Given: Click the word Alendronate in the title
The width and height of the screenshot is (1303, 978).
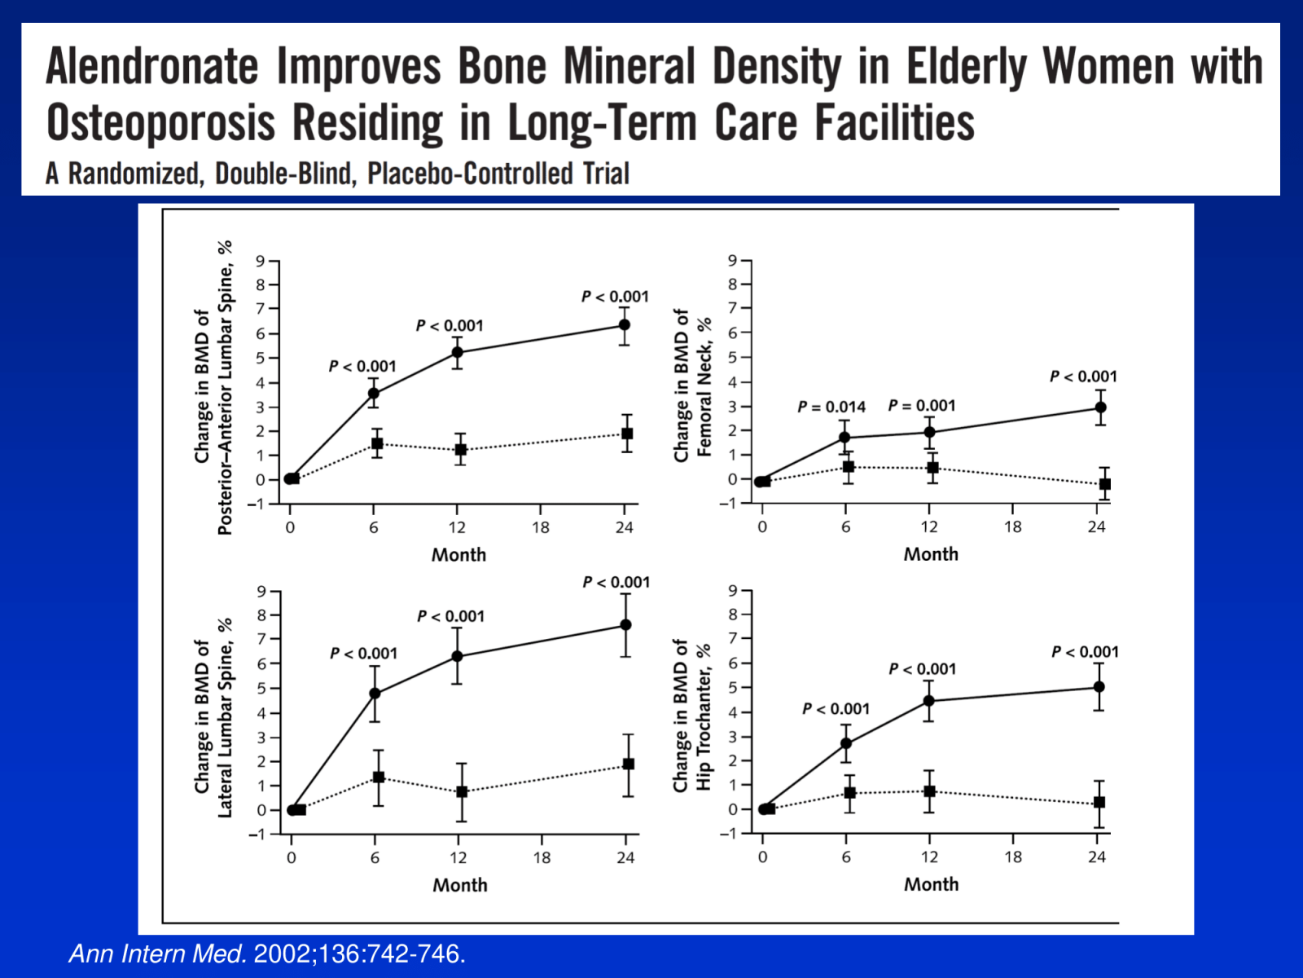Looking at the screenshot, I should (152, 66).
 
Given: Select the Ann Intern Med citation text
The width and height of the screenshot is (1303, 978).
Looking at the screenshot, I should (267, 953).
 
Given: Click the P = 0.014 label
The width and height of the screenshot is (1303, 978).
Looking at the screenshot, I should (831, 407).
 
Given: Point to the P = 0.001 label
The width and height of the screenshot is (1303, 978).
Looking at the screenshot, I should (921, 405).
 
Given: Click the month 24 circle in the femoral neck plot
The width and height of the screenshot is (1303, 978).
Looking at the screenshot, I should (1100, 407).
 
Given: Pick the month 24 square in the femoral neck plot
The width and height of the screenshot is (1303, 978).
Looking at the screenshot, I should (1105, 484).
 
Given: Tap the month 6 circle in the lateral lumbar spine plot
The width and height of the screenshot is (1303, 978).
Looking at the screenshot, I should (375, 694).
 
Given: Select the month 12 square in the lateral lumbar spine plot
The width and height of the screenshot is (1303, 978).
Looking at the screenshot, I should (462, 791).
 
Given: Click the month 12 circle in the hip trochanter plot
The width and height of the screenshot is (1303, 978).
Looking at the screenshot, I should (929, 701).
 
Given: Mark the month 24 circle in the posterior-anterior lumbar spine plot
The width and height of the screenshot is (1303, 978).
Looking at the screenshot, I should (625, 325).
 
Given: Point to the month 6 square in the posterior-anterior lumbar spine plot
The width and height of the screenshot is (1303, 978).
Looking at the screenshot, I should (377, 443).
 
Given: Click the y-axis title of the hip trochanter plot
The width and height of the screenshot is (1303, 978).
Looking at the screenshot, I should (692, 716).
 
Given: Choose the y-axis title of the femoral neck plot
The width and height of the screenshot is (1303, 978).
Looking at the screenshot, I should (693, 385).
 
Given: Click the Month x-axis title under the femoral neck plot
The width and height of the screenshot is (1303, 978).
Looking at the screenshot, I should (931, 554).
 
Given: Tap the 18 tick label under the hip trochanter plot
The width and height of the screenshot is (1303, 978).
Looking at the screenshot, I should (1013, 857).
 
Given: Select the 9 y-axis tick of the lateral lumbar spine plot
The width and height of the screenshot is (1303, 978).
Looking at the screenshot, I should (261, 592).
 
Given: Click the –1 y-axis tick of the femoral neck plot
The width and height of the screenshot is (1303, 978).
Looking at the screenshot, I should (728, 504).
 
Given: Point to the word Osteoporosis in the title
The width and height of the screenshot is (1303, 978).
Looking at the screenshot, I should (161, 123).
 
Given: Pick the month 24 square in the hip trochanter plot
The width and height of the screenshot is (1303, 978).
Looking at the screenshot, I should (1099, 803).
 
